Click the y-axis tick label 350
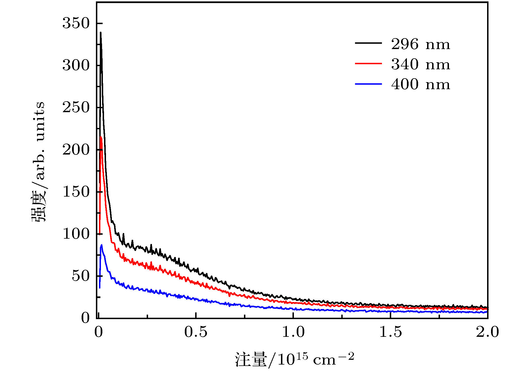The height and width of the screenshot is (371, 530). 76,23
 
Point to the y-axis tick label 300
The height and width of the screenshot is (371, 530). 76,65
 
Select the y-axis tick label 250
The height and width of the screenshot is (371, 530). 76,107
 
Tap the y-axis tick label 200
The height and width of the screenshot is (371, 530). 76,150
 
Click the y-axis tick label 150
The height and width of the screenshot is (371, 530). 76,192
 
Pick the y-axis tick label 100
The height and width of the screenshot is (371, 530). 76,234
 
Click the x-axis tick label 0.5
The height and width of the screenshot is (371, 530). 196,332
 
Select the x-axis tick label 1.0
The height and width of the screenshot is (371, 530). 293,332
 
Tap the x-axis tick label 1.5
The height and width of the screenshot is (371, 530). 390,332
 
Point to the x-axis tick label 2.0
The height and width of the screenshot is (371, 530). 487,332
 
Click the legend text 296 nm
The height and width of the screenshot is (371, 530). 421,44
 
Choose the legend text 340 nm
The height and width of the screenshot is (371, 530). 421,64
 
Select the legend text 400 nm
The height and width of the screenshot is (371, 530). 421,84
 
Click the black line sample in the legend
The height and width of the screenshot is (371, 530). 368,43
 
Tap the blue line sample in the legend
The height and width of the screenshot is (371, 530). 368,84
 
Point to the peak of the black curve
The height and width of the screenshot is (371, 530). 100,33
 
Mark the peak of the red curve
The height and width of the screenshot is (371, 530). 101,137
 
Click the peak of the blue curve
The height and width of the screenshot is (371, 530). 102,245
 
